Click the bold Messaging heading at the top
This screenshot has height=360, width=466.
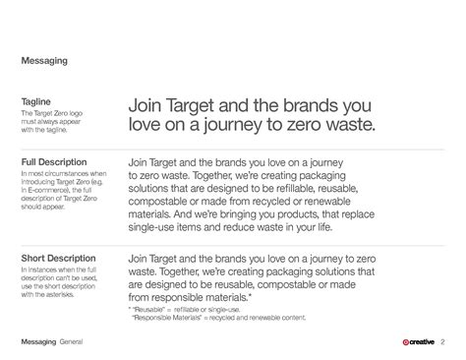[44, 60]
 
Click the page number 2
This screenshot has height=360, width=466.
[442, 341]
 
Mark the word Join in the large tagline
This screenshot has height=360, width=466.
[144, 105]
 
